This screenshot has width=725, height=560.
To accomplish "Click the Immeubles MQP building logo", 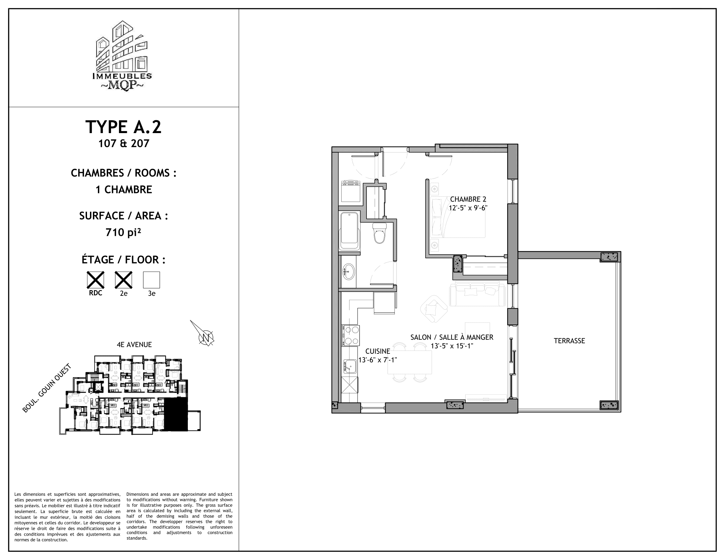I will [122, 56].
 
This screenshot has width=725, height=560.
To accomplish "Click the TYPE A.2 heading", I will [124, 127].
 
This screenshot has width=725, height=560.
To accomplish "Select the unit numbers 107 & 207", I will [124, 143].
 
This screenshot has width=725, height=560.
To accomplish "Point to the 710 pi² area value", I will [124, 233].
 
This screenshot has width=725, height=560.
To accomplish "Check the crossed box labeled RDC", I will [96, 280].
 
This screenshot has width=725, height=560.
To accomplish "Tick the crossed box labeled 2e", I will [124, 280].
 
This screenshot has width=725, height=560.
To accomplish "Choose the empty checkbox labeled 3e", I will [151, 280].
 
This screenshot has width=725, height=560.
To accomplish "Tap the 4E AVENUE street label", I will [134, 345].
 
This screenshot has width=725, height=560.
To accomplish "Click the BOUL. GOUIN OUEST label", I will [47, 389].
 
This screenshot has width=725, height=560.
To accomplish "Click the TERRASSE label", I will [569, 341].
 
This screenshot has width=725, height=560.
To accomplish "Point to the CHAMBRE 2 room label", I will [468, 199].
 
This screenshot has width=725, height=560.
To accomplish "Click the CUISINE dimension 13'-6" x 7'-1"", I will [377, 360].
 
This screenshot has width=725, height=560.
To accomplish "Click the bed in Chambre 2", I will [457, 217].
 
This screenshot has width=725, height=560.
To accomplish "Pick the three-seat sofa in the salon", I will [477, 294].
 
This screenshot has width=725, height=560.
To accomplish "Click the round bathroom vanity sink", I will [349, 272].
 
